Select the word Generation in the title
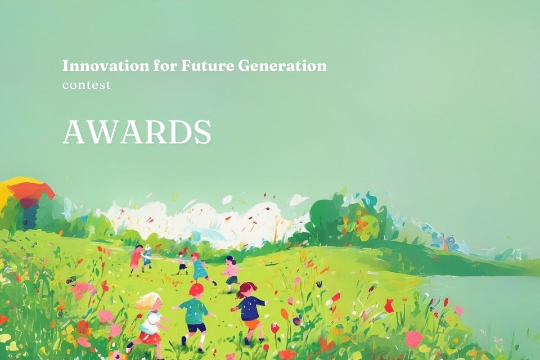click(x=282, y=66)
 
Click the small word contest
click(x=87, y=85)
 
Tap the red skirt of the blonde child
click(x=150, y=337)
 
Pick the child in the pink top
click(x=231, y=273)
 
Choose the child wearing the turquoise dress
click(x=199, y=268)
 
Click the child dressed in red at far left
click(x=136, y=258)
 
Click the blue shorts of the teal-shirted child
click(x=196, y=327)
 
